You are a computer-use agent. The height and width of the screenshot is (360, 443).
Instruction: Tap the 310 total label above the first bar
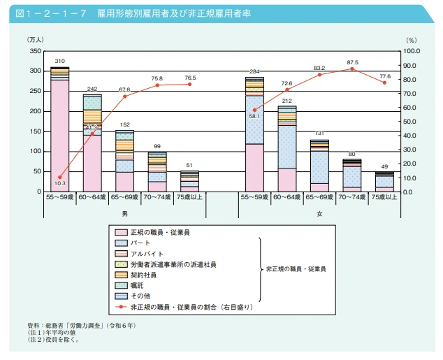click(x=59, y=62)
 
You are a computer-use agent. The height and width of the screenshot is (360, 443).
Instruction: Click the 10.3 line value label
click(x=59, y=184)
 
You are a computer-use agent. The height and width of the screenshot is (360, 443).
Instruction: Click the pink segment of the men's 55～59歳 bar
click(x=59, y=136)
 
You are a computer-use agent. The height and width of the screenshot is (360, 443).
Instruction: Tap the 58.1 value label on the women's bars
click(x=255, y=117)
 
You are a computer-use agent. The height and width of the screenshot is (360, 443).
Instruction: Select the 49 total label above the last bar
click(x=384, y=166)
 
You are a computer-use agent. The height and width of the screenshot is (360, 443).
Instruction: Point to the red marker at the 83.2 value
click(x=319, y=75)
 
